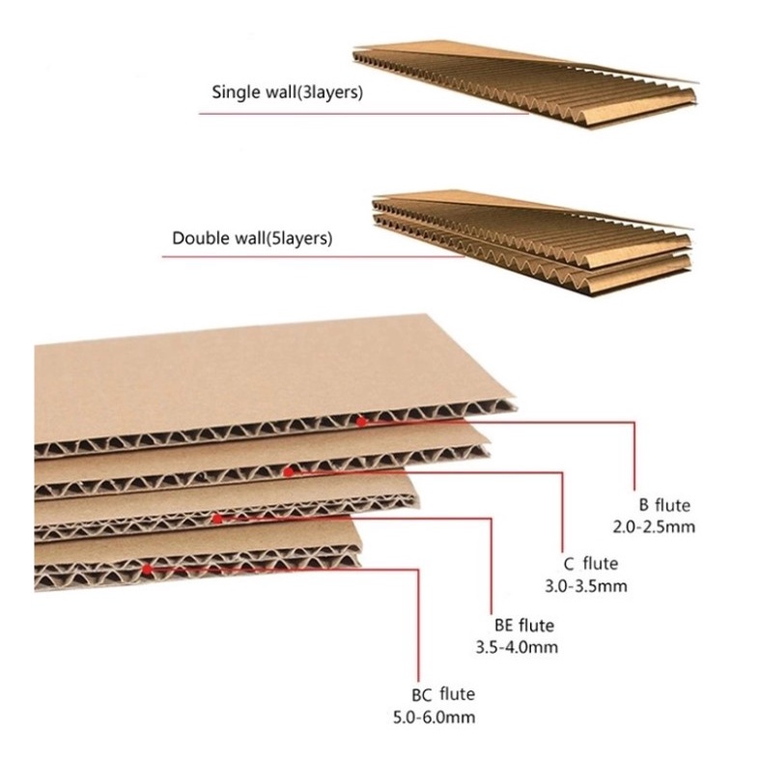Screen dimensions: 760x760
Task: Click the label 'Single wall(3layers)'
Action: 288,94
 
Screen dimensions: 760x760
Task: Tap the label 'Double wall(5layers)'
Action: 251,237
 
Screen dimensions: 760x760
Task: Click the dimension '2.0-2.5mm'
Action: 654,526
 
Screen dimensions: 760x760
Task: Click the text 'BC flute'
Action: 442,694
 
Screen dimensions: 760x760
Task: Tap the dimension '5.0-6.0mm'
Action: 434,717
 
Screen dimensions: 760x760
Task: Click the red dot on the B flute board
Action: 361,421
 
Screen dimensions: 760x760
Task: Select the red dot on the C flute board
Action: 289,471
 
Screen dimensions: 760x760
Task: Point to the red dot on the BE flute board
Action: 218,519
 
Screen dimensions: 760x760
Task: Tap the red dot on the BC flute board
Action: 147,570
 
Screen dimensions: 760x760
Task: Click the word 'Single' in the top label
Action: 235,94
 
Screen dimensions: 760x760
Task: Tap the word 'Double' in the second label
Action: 201,237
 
